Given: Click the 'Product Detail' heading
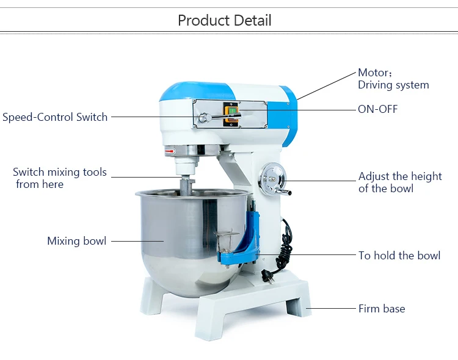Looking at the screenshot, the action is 224,20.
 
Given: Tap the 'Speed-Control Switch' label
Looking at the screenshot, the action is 55,117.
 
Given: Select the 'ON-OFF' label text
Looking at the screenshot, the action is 377,109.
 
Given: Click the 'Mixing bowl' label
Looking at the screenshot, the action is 76,241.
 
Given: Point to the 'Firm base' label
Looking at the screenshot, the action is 381,309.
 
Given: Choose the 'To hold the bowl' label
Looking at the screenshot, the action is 399,256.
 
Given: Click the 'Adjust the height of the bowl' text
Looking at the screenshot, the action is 399,182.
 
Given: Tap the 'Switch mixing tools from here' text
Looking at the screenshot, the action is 59,178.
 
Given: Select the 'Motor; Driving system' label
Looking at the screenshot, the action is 393,79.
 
